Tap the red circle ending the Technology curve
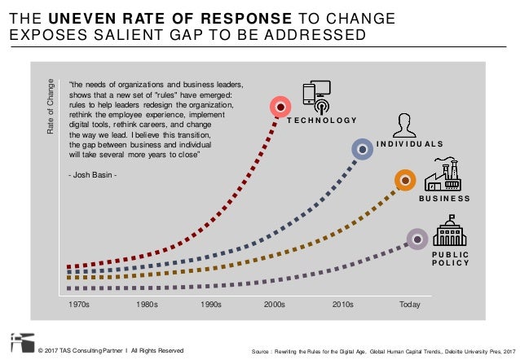280,106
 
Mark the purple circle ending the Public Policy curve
417,239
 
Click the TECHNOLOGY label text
322,121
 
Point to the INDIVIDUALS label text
411,144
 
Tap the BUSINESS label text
444,199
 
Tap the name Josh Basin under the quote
99,174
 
